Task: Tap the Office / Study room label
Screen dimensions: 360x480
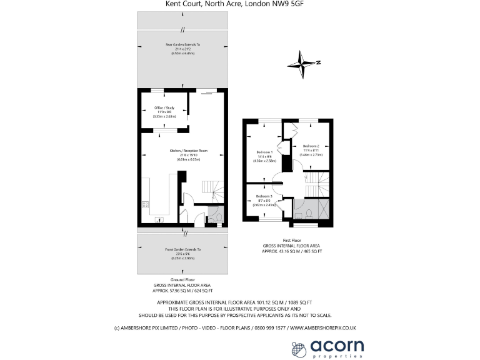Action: coord(164,107)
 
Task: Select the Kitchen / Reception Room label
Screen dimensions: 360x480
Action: coord(188,151)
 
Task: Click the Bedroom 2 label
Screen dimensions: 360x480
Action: coord(311,146)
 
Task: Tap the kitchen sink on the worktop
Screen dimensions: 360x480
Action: coord(158,219)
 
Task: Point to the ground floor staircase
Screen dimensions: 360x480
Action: coord(210,187)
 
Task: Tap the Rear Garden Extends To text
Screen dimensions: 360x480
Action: coord(182,45)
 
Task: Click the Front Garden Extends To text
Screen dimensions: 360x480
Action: coord(182,249)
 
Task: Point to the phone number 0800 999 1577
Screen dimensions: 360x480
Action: coord(269,327)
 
